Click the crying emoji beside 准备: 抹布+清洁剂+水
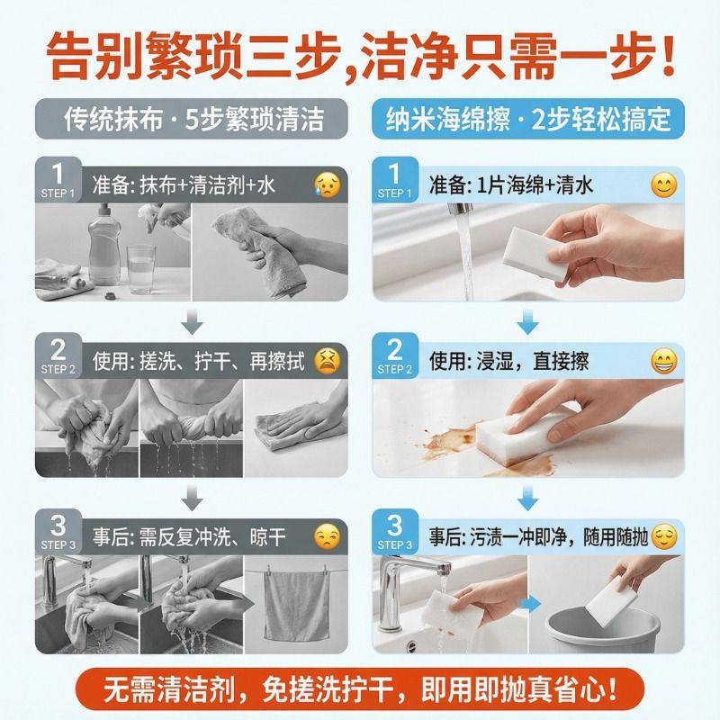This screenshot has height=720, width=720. coord(328,185)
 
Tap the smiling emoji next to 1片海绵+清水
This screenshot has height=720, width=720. coord(663,185)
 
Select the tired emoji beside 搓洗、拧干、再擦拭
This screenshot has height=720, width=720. coord(328,361)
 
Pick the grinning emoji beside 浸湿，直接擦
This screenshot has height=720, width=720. coord(663,361)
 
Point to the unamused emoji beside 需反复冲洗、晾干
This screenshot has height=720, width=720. coord(328,536)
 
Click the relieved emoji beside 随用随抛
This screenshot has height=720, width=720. coord(664,536)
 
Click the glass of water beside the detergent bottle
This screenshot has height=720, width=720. coord(141,269)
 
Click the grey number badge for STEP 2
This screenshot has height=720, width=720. coord(58,355)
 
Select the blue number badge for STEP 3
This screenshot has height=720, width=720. coord(395,531)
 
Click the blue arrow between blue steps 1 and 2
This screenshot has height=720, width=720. coord(527,321)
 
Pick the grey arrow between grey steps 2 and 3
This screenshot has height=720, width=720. coord(192,498)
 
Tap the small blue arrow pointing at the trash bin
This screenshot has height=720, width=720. coord(531,605)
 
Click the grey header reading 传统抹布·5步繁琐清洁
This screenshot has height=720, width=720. coord(192,119)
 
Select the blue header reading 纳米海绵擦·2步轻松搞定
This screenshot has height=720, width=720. coord(528,119)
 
